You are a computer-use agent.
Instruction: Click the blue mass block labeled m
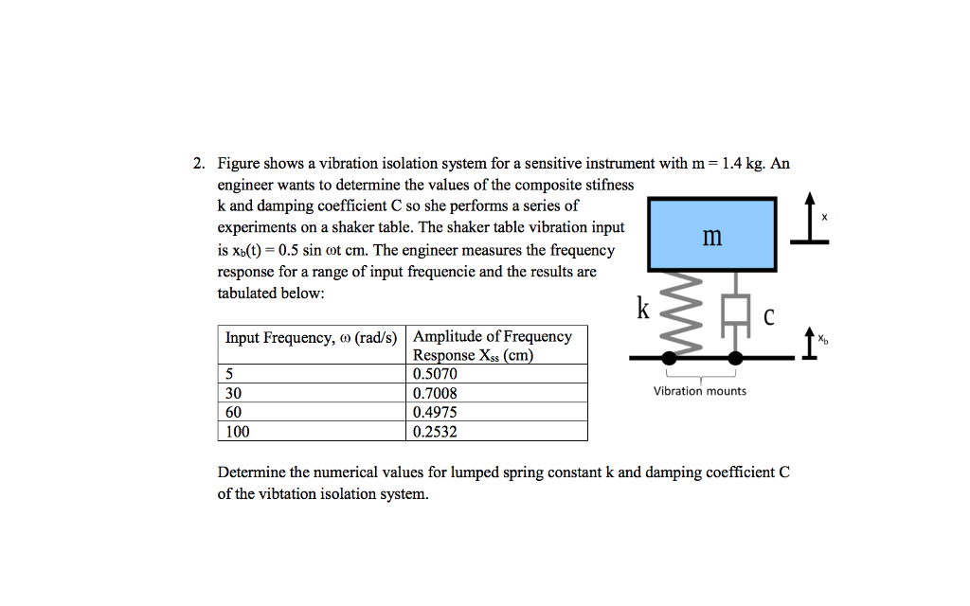coord(711,235)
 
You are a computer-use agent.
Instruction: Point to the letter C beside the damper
coord(769,317)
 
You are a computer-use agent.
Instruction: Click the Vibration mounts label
coord(700,391)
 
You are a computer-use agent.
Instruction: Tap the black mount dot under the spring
coord(670,358)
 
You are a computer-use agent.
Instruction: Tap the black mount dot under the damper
coord(735,358)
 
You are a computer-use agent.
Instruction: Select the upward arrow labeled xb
coord(809,345)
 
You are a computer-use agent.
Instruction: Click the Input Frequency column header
coord(314,337)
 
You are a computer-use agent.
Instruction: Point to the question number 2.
coord(198,164)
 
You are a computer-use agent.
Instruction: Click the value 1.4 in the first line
coord(731,164)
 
